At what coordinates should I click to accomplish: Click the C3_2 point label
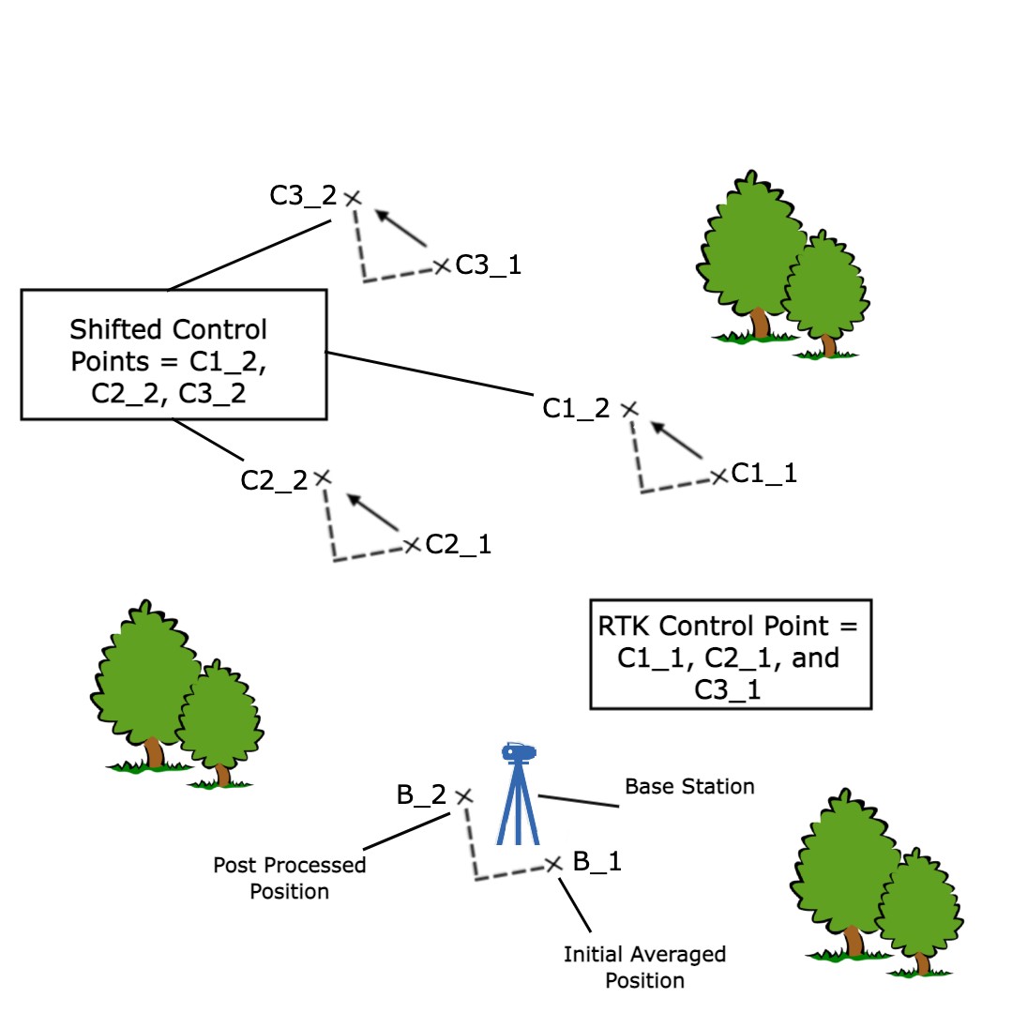click(x=302, y=196)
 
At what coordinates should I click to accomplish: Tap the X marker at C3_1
click(x=442, y=266)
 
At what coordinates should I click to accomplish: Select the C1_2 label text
click(x=576, y=408)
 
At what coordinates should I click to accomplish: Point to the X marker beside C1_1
click(x=718, y=476)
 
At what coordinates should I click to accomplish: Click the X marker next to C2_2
click(x=323, y=477)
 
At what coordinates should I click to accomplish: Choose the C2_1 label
click(x=458, y=544)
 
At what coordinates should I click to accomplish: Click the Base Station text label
click(x=689, y=786)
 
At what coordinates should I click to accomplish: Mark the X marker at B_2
click(x=463, y=796)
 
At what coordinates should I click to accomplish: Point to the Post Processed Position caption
click(x=289, y=878)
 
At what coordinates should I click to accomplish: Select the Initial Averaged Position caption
click(x=644, y=967)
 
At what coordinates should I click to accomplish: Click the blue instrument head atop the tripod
click(x=518, y=752)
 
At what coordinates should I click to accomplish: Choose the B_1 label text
click(x=597, y=860)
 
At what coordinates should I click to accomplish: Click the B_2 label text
click(x=421, y=795)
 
